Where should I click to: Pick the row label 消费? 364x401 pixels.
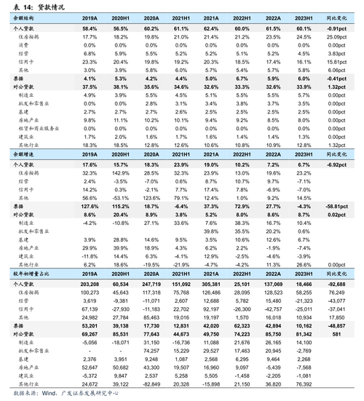coord(22,44)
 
